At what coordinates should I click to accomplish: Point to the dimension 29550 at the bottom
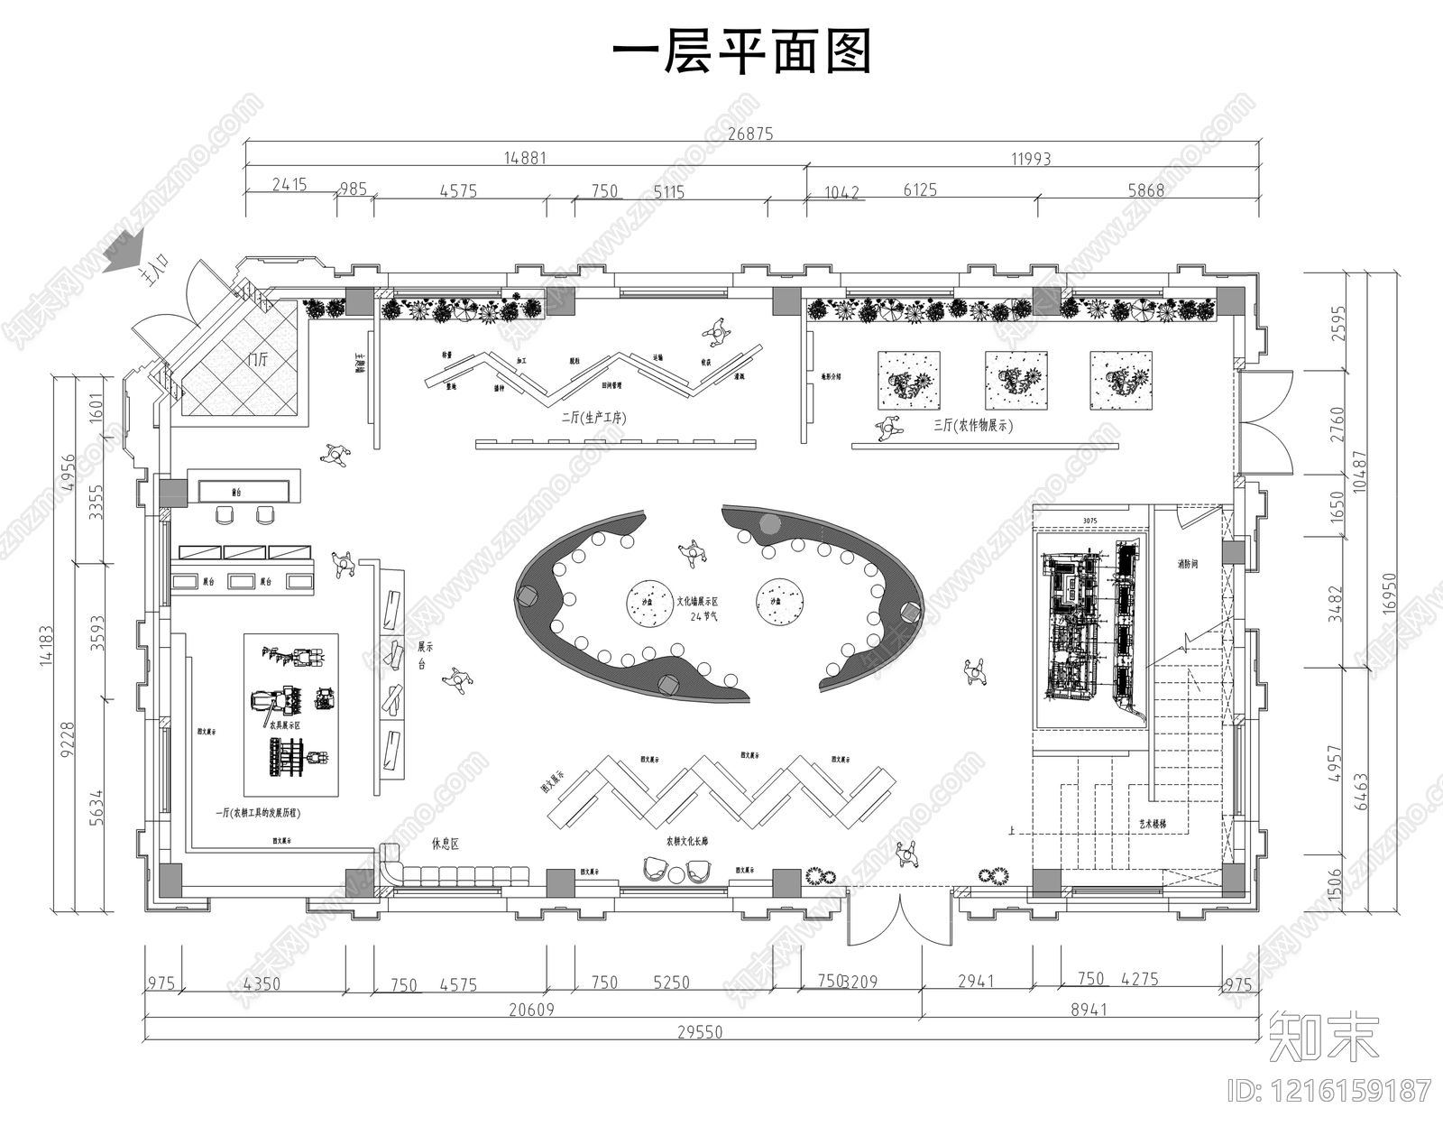[700, 1032]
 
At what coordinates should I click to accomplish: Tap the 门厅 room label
[258, 359]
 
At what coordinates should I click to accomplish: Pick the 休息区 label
[446, 844]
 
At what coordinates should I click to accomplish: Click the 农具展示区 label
[283, 724]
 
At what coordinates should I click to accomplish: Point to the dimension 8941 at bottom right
[1089, 1010]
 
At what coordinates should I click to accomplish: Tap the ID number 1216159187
[1330, 1091]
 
